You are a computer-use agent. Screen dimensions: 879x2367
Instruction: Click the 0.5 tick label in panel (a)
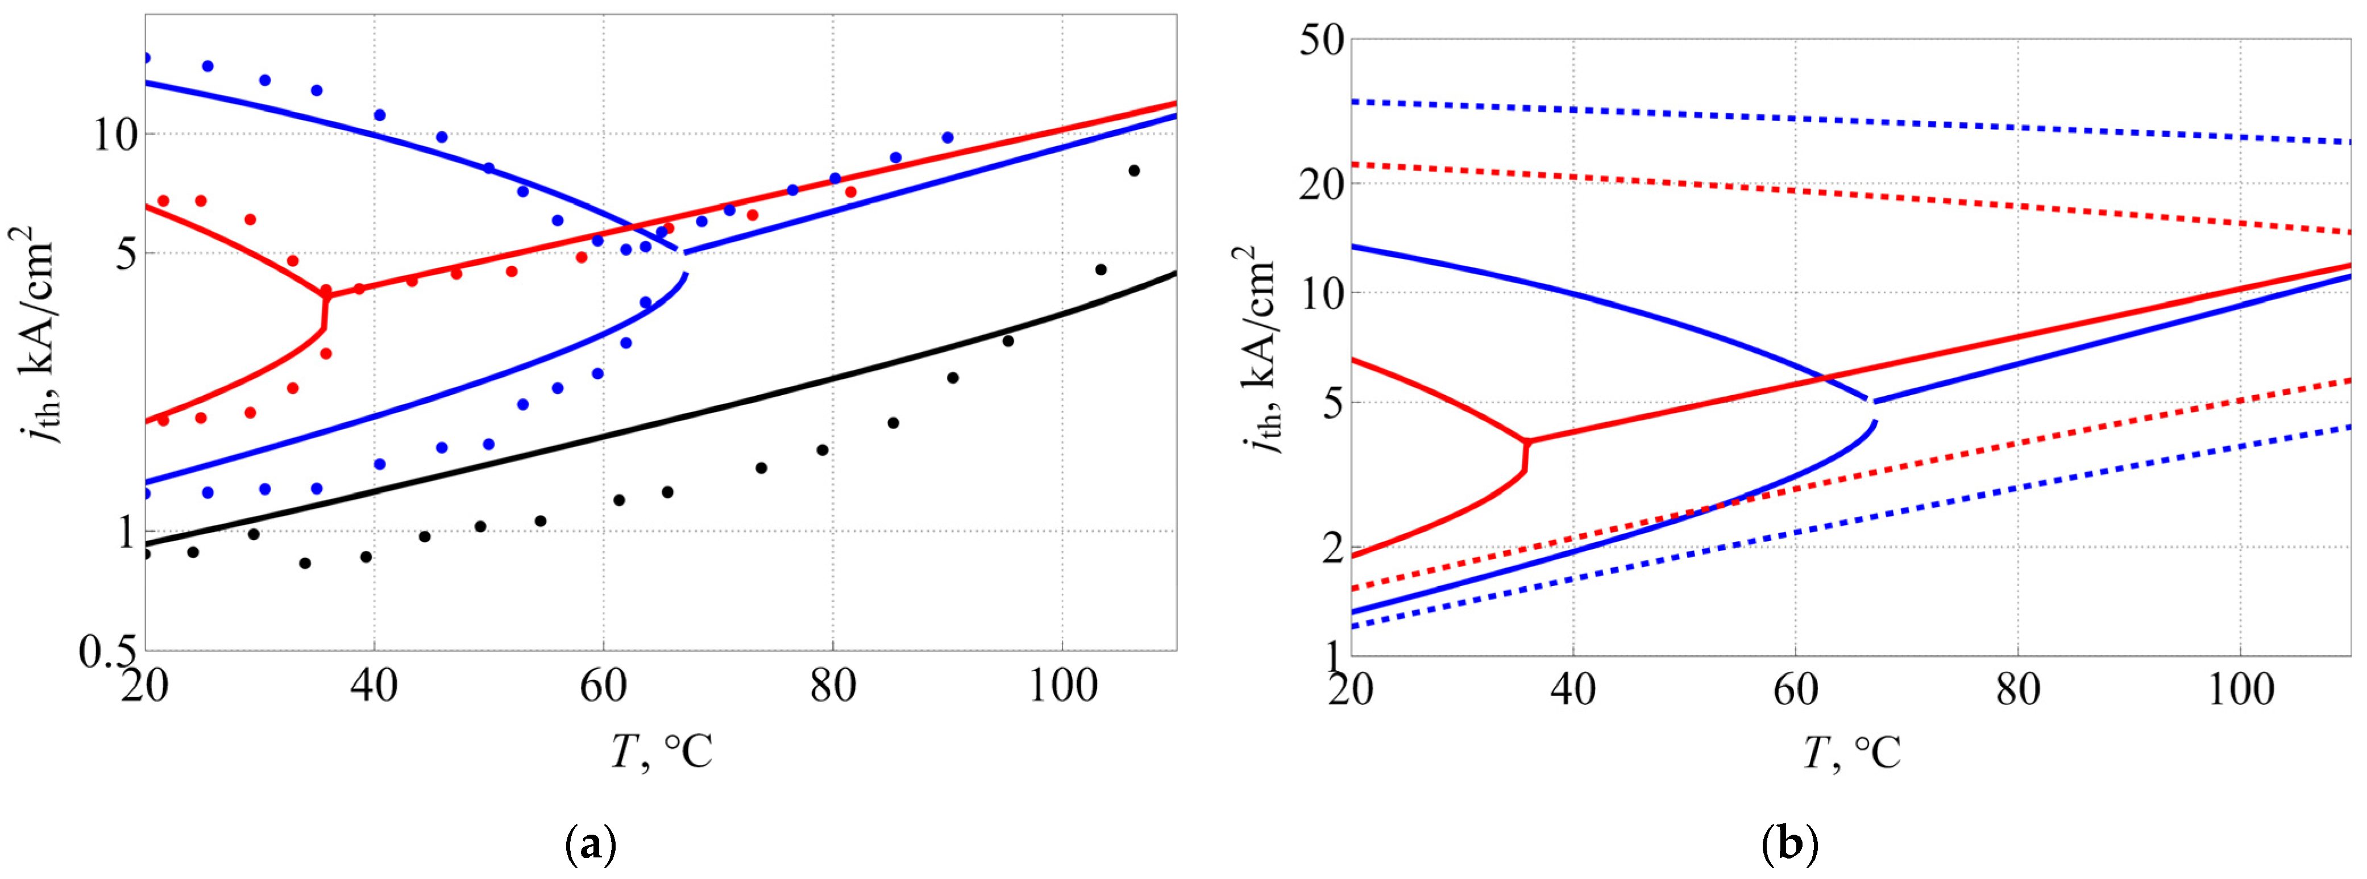point(107,653)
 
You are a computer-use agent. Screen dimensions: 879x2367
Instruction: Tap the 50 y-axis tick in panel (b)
point(1321,41)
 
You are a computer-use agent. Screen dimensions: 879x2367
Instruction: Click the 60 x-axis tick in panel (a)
point(604,685)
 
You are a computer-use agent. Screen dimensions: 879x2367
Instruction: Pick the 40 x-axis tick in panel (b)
point(1573,689)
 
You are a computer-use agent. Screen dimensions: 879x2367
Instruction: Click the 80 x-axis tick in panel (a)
point(833,685)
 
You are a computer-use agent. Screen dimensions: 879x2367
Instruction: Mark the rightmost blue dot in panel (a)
point(948,138)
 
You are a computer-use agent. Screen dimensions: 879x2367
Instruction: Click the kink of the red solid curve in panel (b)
point(1526,443)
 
